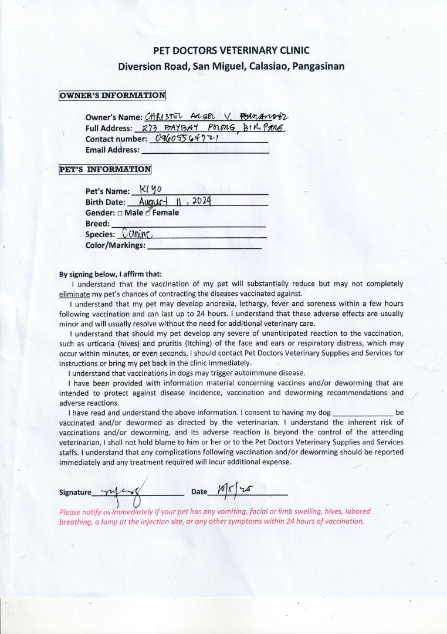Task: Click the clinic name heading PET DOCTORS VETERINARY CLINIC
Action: point(231,51)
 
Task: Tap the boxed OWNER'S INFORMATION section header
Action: point(112,96)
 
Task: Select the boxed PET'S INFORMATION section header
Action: point(105,170)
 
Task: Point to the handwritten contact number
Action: point(184,139)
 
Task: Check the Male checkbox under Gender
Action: point(120,213)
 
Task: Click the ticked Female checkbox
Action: point(148,213)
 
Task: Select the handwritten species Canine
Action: point(136,234)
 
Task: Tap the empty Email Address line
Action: point(205,152)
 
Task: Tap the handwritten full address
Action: point(210,127)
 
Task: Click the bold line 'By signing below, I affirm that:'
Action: point(110,274)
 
